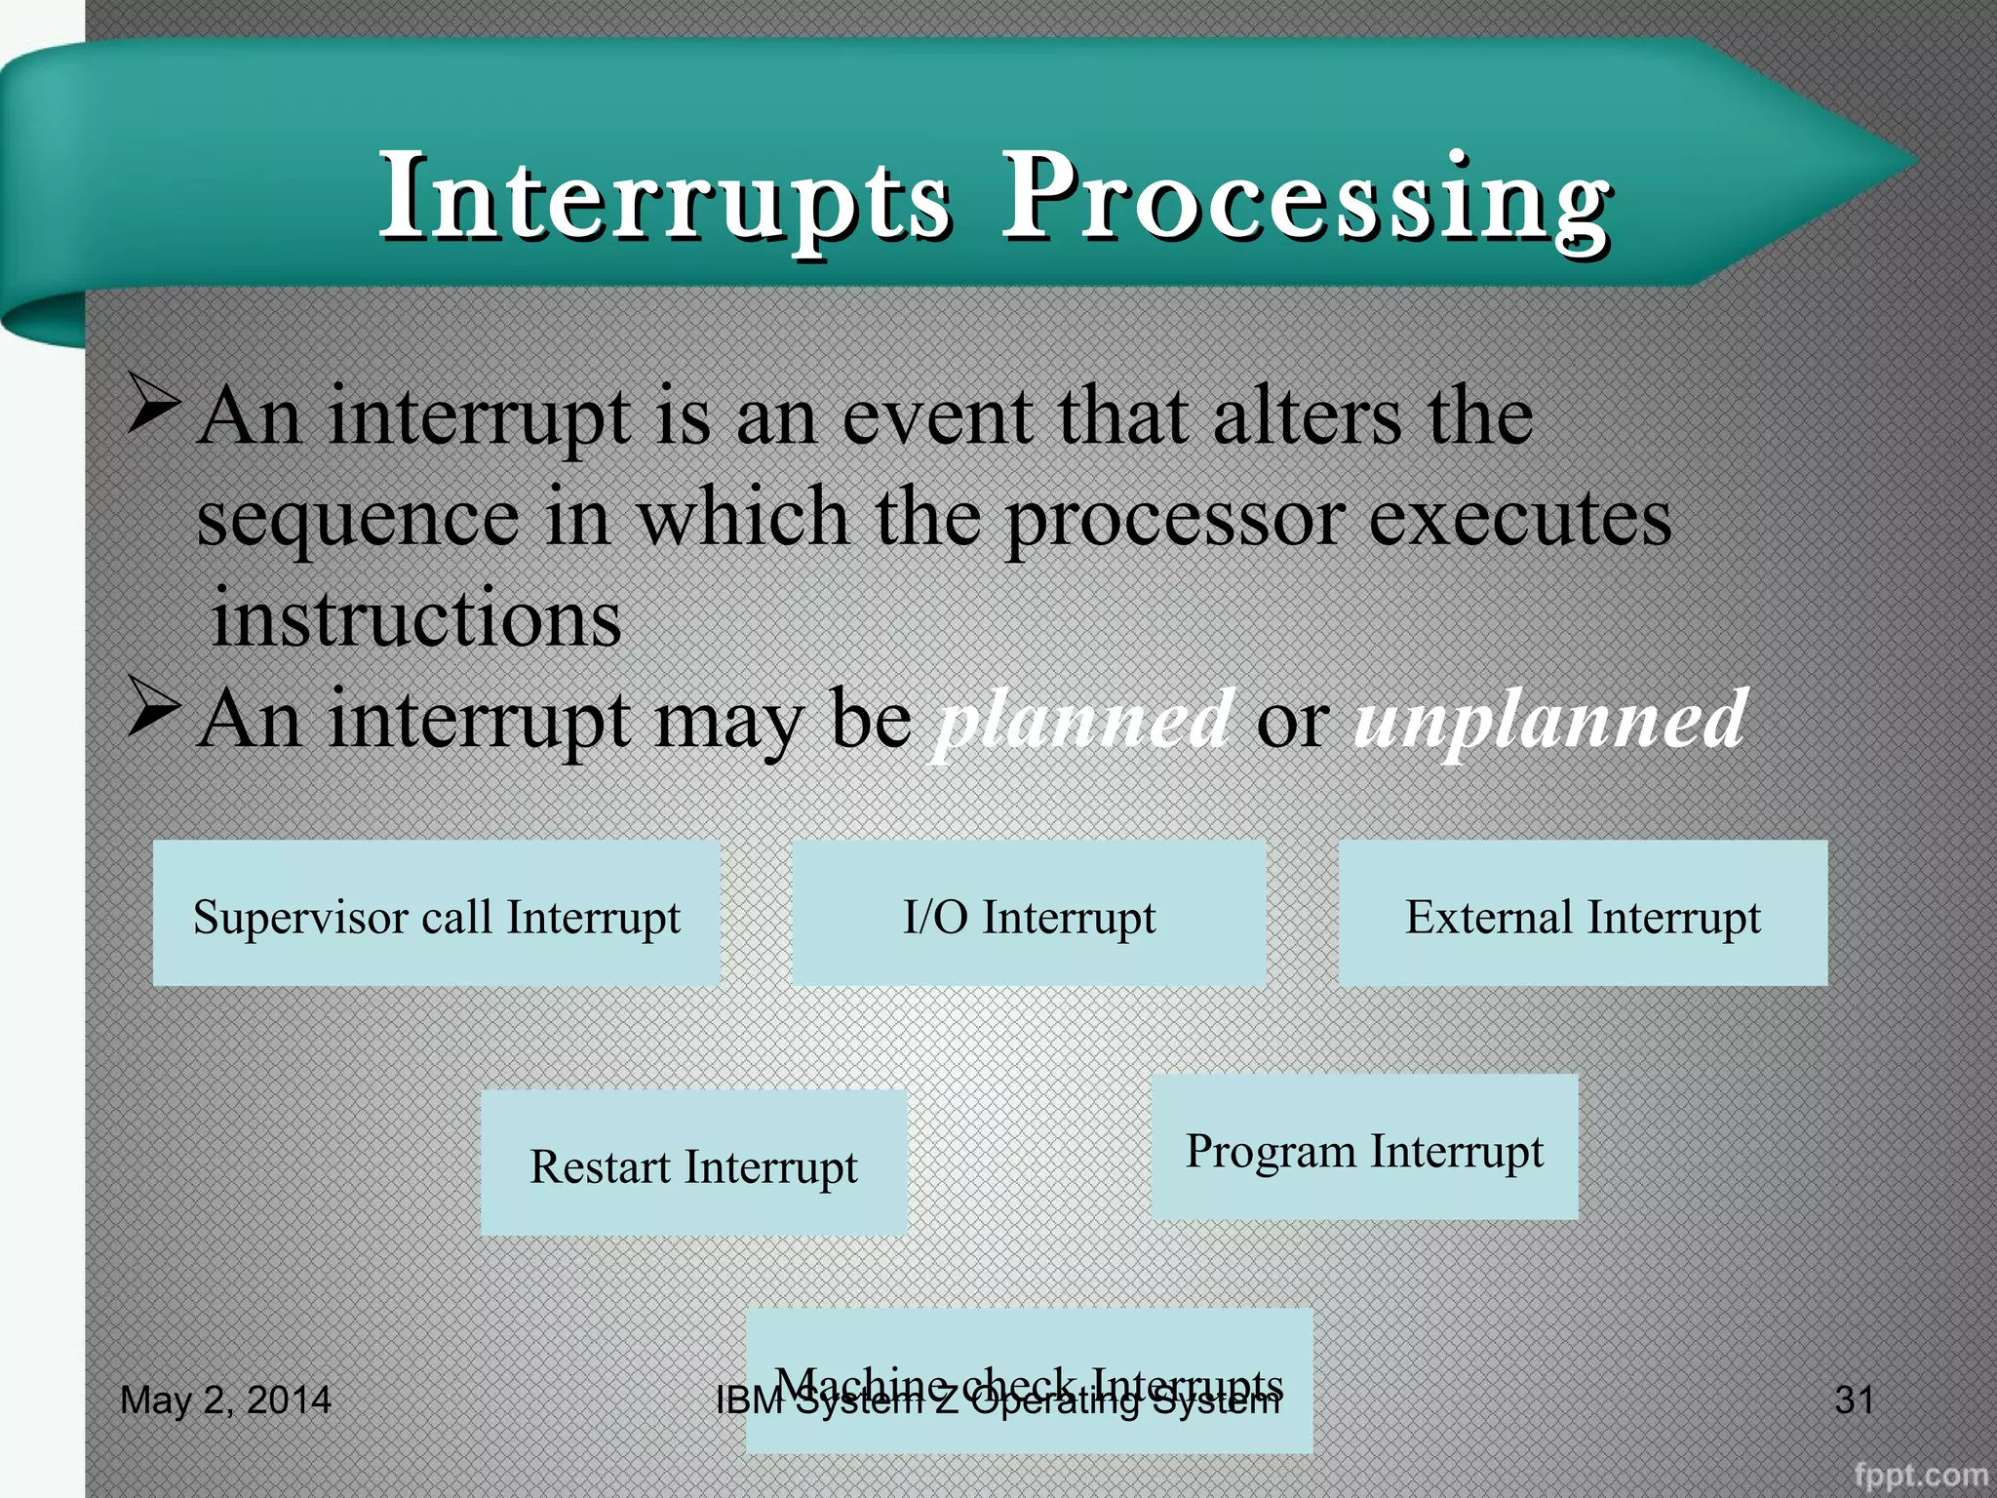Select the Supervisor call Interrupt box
(x=436, y=914)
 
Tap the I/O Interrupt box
(x=1029, y=914)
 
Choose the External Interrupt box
(x=1583, y=914)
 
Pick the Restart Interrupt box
(x=693, y=1163)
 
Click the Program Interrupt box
(x=1364, y=1148)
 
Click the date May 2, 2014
(x=225, y=1400)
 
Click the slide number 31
(x=1854, y=1400)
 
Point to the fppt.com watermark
(x=1920, y=1475)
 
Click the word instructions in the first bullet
(x=416, y=618)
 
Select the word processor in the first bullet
(x=1175, y=517)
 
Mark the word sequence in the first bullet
(x=358, y=519)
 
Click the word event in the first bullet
(x=936, y=416)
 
